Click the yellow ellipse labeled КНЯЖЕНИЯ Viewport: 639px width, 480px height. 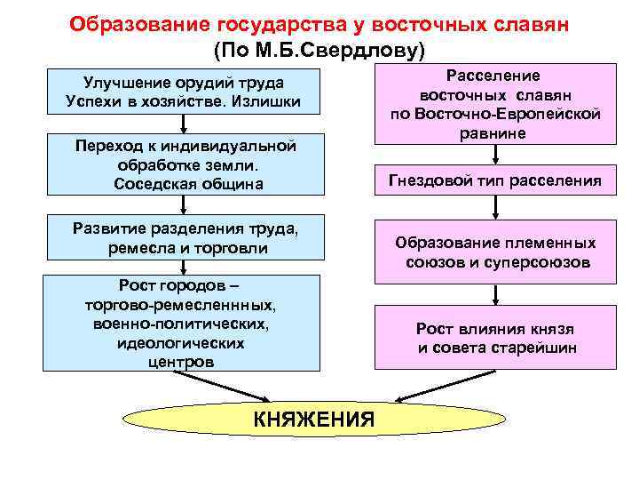coord(314,419)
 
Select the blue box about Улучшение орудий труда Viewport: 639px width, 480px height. coord(183,92)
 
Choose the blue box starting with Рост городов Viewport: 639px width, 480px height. coord(183,323)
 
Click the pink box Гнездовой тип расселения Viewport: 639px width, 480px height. coord(494,181)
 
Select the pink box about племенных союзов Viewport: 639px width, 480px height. coord(494,253)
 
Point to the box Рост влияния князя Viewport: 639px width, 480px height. coord(494,337)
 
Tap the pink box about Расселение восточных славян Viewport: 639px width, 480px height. coord(494,104)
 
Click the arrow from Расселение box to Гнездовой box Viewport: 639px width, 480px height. coord(494,155)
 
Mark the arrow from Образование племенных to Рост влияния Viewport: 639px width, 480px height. coord(494,292)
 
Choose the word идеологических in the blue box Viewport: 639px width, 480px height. coord(182,342)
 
